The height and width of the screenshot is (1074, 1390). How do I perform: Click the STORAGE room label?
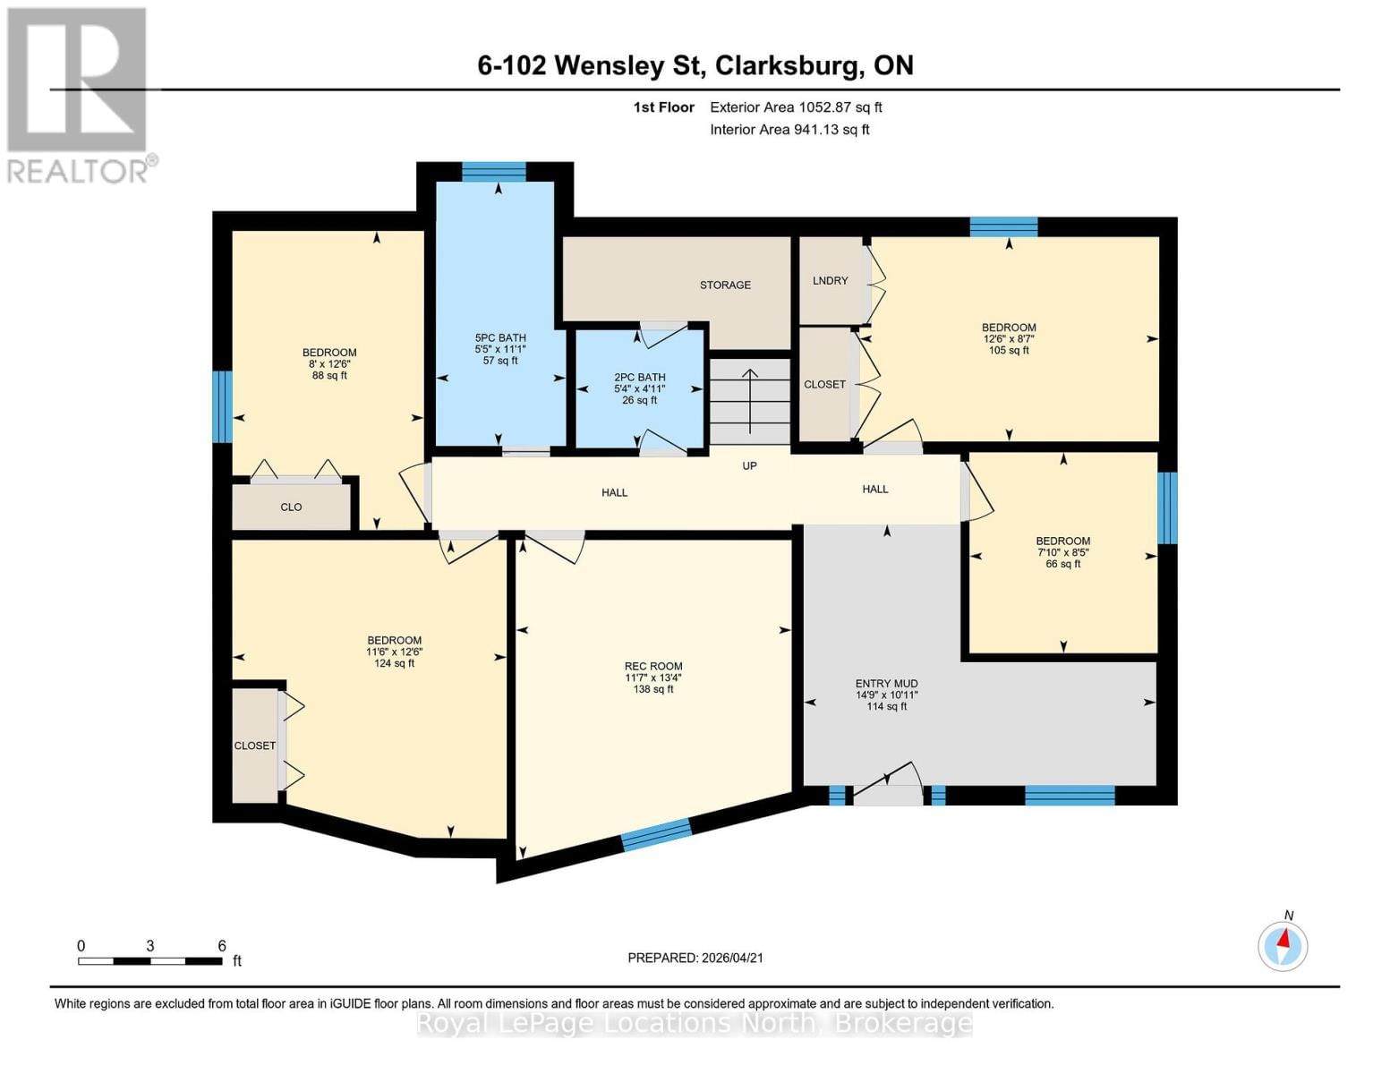point(725,285)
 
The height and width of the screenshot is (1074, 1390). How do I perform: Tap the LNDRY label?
point(830,280)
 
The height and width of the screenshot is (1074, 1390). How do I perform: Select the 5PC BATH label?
point(500,338)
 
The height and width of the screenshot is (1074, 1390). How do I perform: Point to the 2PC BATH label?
point(639,378)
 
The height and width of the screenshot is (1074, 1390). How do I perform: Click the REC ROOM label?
point(653,666)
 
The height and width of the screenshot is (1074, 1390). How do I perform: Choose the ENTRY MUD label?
point(886,684)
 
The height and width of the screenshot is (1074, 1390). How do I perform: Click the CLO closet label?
point(291,507)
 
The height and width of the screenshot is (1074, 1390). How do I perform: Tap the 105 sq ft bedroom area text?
point(1009,351)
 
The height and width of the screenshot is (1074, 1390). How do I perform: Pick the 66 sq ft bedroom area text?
point(1063,564)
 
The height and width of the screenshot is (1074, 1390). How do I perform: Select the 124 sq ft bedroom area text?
point(394,663)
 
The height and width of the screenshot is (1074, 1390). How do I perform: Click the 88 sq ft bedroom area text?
point(329,376)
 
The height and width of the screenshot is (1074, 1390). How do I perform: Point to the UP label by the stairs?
point(749,465)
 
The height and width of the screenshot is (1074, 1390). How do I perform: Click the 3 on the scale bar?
point(150,946)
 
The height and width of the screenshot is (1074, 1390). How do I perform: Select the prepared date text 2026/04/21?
point(732,958)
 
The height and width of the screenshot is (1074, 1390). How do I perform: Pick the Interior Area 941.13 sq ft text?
point(789,130)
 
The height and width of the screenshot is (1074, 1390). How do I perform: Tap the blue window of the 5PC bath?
point(494,171)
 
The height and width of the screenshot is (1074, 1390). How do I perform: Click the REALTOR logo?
point(79,94)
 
